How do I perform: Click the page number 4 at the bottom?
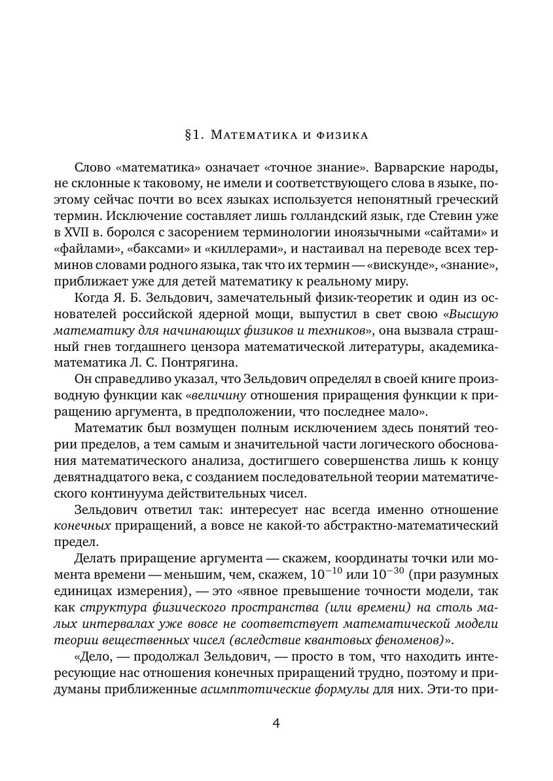point(276,723)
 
